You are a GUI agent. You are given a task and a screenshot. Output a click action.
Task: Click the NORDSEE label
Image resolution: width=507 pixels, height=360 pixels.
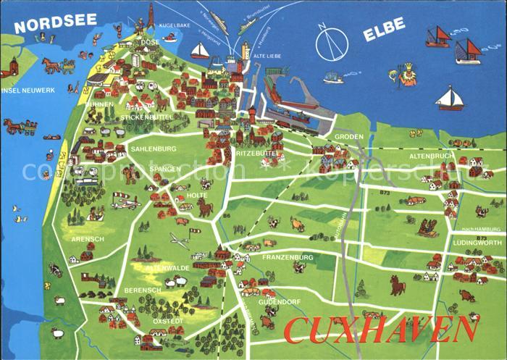55,22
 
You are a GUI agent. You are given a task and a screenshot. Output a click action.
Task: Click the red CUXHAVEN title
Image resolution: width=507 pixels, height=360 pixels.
381,330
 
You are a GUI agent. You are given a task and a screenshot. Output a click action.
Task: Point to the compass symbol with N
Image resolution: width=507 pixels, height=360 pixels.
332,44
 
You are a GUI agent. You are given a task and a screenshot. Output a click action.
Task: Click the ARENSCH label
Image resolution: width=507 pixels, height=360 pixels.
88,238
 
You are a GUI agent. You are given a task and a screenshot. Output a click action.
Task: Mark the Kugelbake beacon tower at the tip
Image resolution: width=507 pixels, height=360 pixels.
151,16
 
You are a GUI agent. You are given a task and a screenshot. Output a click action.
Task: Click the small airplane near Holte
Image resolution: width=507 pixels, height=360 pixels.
180,239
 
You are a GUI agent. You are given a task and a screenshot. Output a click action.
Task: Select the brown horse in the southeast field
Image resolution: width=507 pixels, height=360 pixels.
398,285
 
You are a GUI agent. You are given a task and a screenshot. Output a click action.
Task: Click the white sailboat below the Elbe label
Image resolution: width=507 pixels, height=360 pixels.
450,99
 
